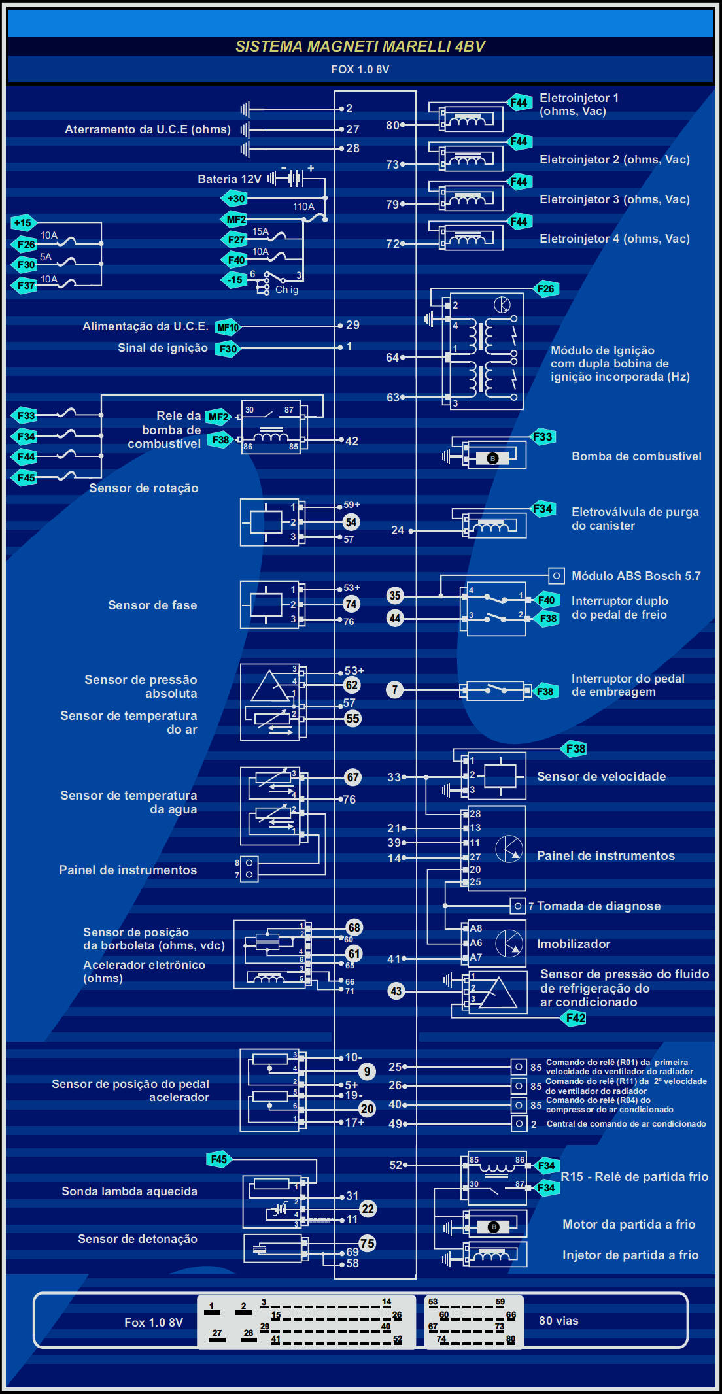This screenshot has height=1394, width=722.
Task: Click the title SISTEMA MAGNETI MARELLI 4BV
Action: pyautogui.click(x=360, y=46)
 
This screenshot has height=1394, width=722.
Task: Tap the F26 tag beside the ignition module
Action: pyautogui.click(x=545, y=289)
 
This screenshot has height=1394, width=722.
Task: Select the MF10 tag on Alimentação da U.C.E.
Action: pyautogui.click(x=228, y=327)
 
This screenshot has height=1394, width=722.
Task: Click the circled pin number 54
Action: pyautogui.click(x=351, y=522)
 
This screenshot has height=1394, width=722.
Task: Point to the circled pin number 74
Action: pyautogui.click(x=351, y=604)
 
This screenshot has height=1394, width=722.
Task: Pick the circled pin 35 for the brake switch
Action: pyautogui.click(x=395, y=595)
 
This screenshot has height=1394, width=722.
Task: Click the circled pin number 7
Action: pyautogui.click(x=395, y=689)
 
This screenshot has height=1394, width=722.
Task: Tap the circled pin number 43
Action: pyautogui.click(x=396, y=991)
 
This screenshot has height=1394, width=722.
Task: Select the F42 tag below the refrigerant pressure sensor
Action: pyautogui.click(x=576, y=1018)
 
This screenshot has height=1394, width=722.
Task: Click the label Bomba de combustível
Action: pyautogui.click(x=636, y=456)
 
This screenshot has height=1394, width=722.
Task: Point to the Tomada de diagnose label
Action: pyautogui.click(x=598, y=906)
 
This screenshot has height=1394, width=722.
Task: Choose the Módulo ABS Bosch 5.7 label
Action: pyautogui.click(x=636, y=576)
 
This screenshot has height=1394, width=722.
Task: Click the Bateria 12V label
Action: pyautogui.click(x=230, y=179)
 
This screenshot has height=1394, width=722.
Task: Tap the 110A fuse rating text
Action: pyautogui.click(x=303, y=207)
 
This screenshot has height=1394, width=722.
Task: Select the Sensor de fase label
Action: pyautogui.click(x=152, y=605)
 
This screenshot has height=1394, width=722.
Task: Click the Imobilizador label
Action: pyautogui.click(x=574, y=943)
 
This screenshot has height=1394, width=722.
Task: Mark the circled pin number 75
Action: pyautogui.click(x=368, y=1244)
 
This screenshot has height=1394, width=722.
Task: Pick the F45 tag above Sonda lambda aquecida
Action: pyautogui.click(x=219, y=1159)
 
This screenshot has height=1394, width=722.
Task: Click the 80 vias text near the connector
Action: pyautogui.click(x=559, y=1321)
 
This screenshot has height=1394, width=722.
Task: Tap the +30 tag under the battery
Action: pyautogui.click(x=235, y=198)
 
